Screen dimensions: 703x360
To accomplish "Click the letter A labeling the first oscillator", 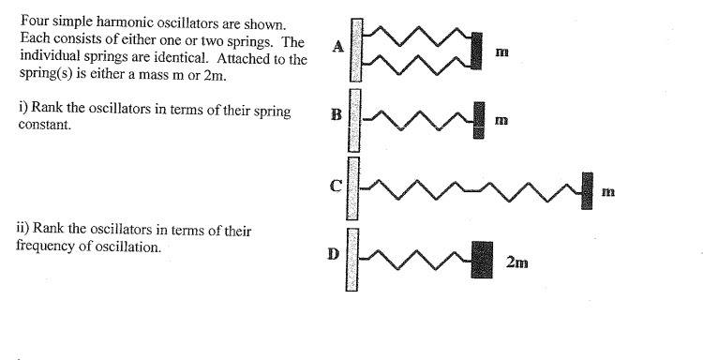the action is [x=338, y=46].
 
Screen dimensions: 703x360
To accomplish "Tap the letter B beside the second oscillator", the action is [x=337, y=115].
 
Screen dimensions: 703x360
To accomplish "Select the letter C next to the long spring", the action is [x=336, y=185].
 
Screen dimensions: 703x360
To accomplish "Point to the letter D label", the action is [x=334, y=254].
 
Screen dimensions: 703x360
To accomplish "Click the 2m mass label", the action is [x=516, y=262].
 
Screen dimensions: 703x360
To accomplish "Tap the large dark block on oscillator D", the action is [x=482, y=260].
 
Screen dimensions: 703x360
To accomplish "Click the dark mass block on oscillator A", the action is [x=476, y=51].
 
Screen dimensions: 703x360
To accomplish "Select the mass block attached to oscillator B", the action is [x=479, y=120].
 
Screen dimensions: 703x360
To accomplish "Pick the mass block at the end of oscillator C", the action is [x=587, y=190].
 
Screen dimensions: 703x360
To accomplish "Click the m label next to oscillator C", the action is [x=608, y=192].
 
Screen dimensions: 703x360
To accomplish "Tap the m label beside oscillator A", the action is [x=502, y=52].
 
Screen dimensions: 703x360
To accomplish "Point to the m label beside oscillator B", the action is [x=501, y=121].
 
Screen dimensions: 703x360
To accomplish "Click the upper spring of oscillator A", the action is [x=417, y=36].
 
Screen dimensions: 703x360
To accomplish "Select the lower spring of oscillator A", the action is [x=417, y=65].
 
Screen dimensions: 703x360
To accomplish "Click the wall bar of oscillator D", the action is [x=351, y=260].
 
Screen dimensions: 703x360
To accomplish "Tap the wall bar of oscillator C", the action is [x=352, y=188].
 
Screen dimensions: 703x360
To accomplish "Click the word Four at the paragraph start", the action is [x=31, y=21].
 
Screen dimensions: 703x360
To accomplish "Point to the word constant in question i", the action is [x=45, y=125].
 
